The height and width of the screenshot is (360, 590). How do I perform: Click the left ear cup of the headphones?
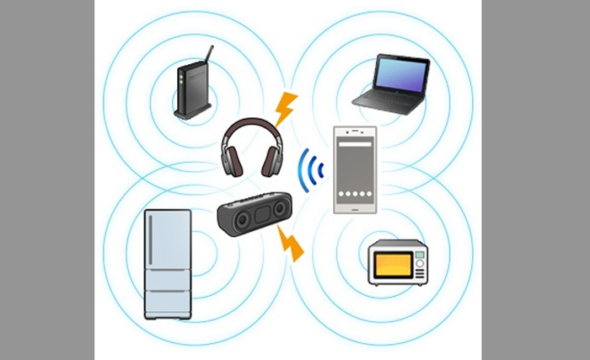point(231,158)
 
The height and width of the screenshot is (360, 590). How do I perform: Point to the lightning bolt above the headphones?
point(287,109)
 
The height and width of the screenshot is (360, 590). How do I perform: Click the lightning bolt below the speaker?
point(291,245)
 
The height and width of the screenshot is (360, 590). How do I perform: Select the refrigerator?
point(167,262)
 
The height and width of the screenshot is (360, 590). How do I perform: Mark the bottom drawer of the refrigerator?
point(167,304)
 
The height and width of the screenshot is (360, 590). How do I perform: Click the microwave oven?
point(398,262)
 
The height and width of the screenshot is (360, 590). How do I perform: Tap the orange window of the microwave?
point(391,263)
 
